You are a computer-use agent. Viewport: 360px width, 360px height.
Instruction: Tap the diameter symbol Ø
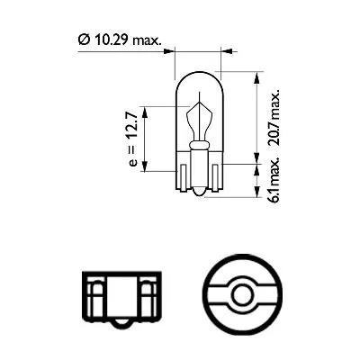point(83,39)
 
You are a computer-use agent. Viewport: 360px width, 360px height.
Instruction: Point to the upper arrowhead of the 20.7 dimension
point(257,76)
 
